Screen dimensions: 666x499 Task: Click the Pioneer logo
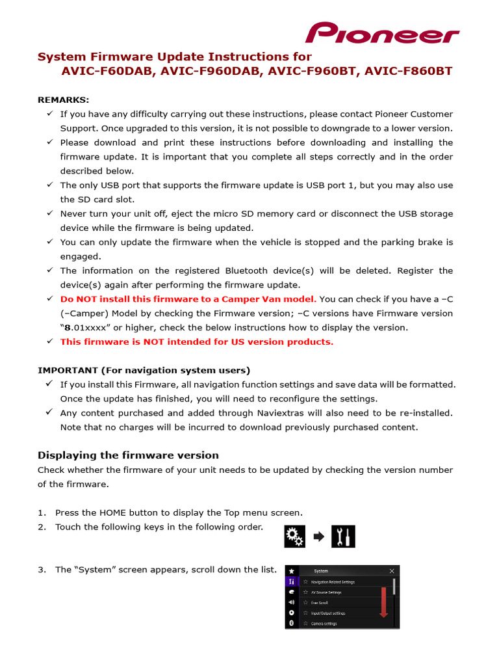(382, 33)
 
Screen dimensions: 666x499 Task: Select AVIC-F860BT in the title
(409, 72)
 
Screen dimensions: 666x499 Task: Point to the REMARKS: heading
(64, 100)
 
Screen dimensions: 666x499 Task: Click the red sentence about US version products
(196, 342)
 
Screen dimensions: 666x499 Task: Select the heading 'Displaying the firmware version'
(128, 455)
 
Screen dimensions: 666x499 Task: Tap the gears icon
(294, 537)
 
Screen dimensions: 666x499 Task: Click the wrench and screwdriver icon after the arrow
(343, 537)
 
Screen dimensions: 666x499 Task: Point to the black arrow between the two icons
(318, 537)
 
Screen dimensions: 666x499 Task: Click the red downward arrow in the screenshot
(383, 602)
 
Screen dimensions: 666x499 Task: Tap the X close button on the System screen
(391, 571)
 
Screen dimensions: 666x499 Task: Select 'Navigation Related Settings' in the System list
(332, 582)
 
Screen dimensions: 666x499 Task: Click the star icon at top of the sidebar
(292, 570)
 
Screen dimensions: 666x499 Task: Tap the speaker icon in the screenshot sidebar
(292, 602)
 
